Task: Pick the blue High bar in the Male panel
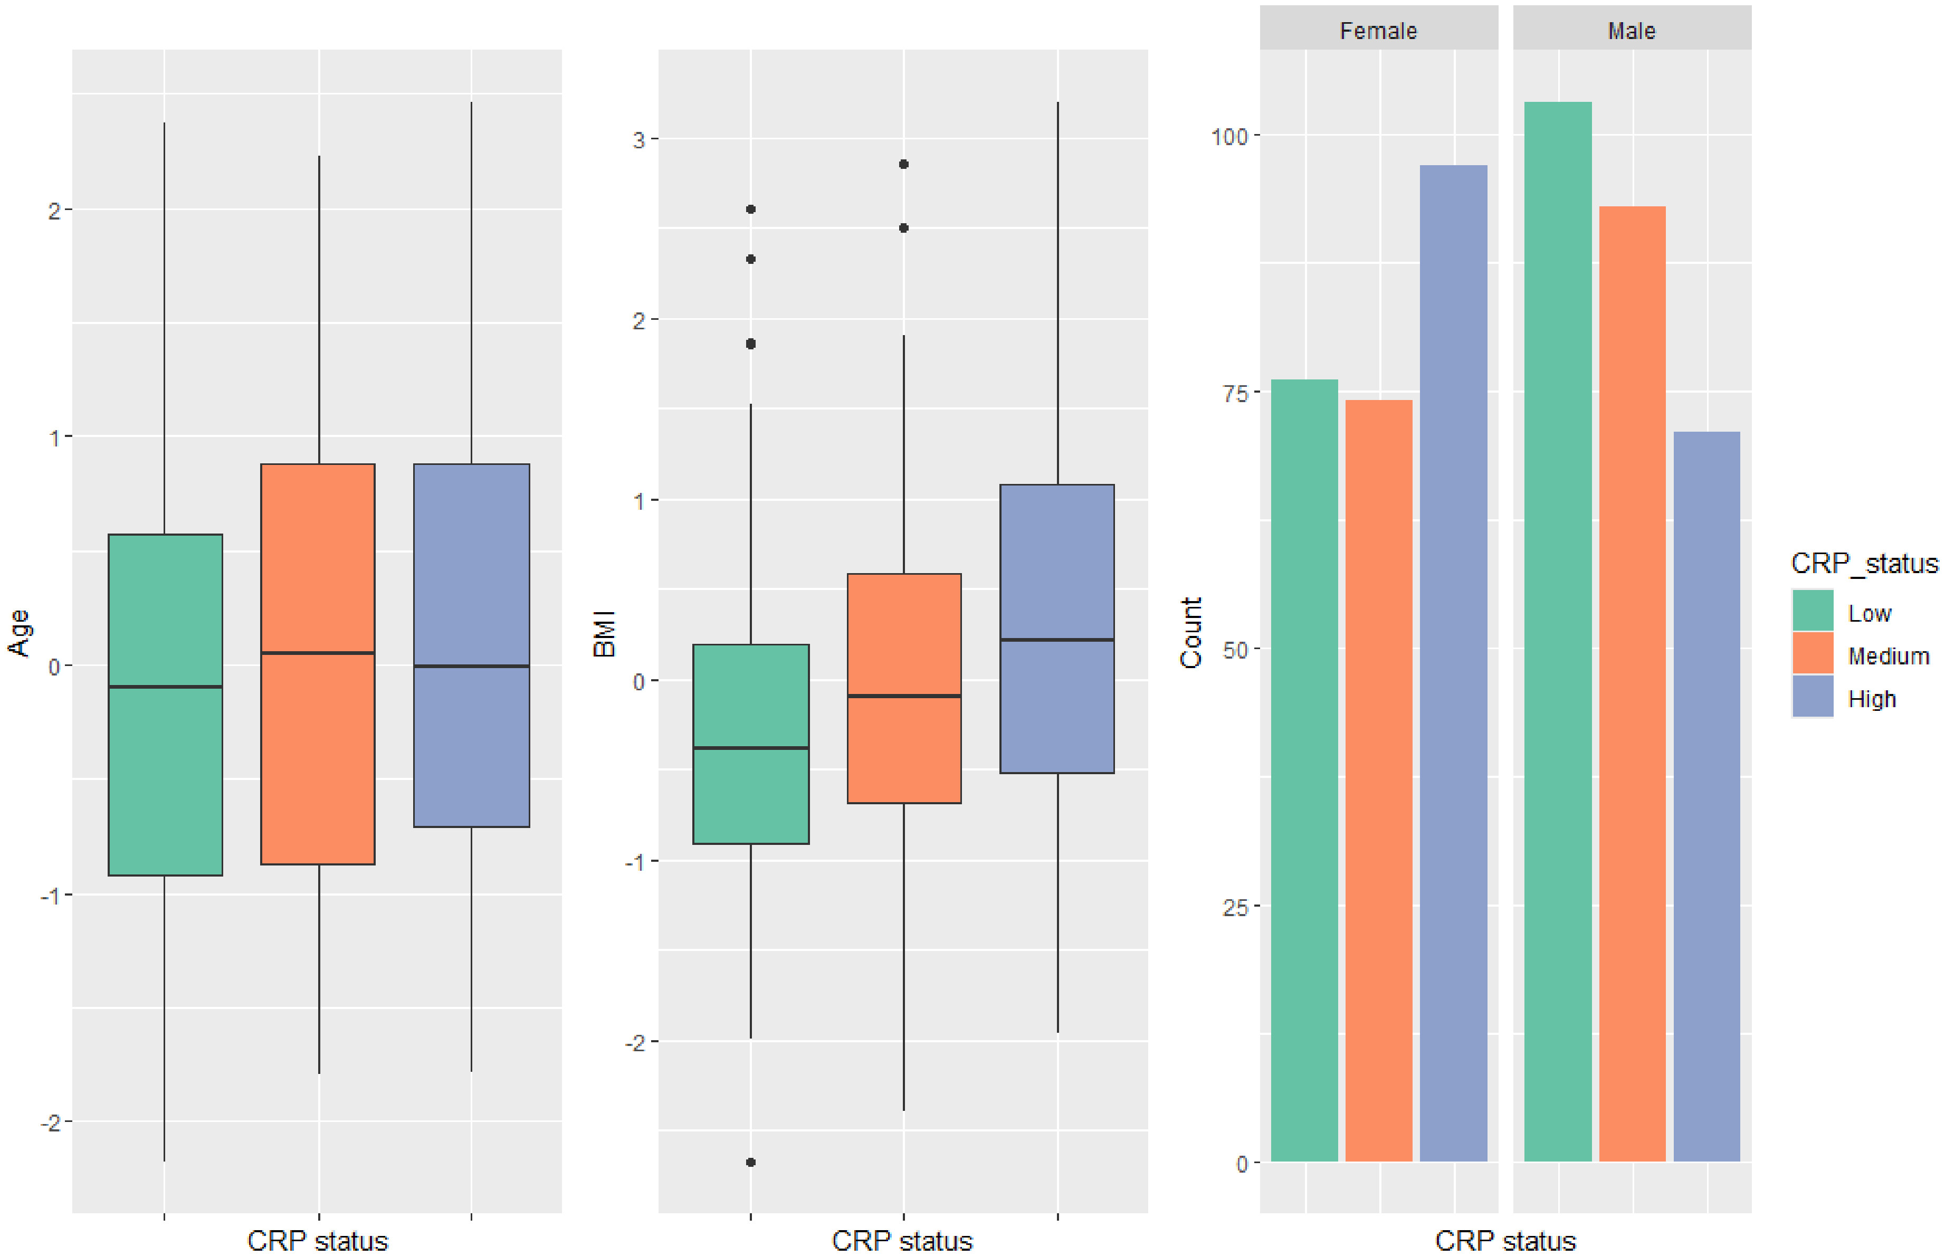(1706, 795)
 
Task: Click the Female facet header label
(1378, 31)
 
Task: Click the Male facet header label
(1631, 31)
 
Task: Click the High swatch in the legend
(1812, 697)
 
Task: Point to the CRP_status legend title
(1863, 563)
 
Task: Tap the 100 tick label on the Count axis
(1230, 136)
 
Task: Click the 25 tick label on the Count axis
(1235, 907)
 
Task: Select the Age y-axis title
(18, 632)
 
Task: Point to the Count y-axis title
(1190, 633)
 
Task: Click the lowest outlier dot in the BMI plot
(750, 1162)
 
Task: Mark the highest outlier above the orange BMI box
(903, 164)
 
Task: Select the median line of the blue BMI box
(1057, 640)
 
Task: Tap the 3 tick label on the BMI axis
(638, 139)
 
